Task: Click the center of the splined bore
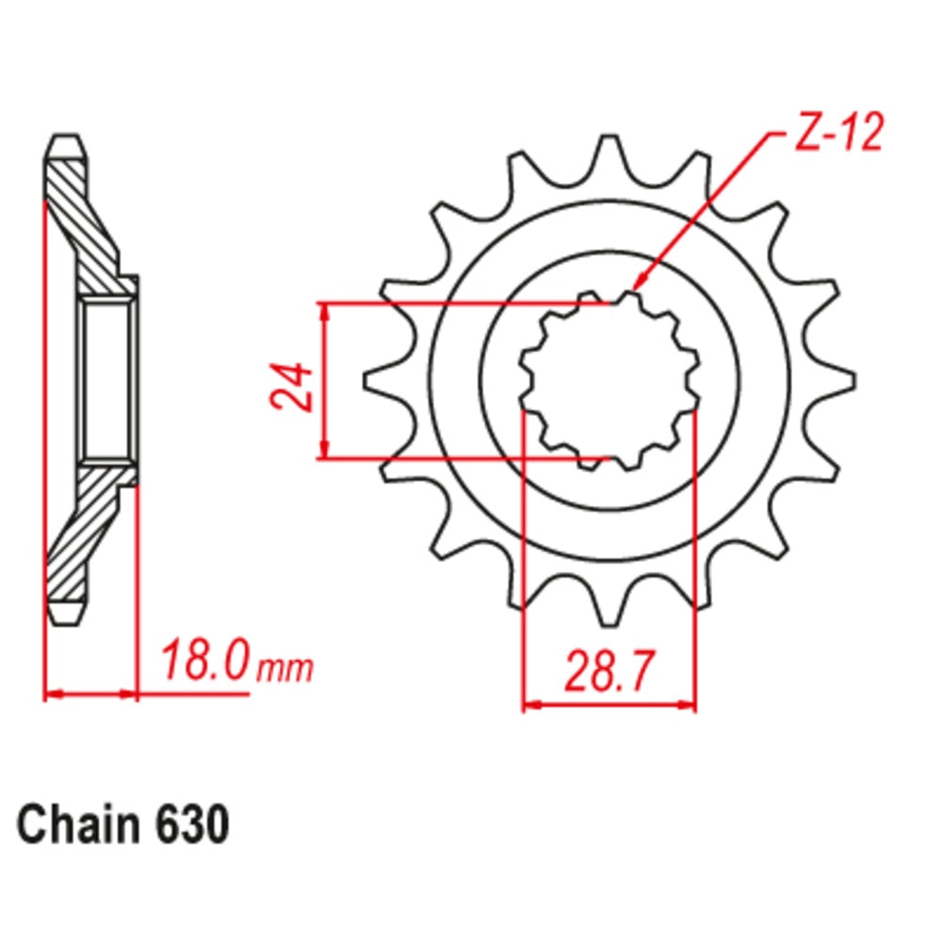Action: pos(609,382)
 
